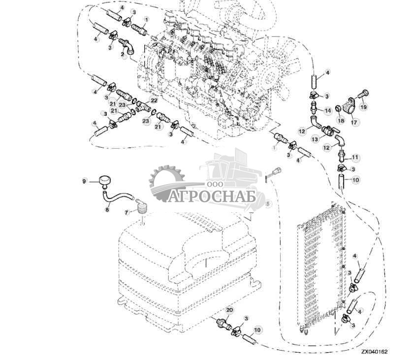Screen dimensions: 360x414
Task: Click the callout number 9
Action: tap(84, 181)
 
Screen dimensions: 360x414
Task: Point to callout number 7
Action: tap(126, 212)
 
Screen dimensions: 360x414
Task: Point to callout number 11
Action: tap(355, 157)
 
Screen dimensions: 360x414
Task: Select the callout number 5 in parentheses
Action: tap(268, 202)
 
